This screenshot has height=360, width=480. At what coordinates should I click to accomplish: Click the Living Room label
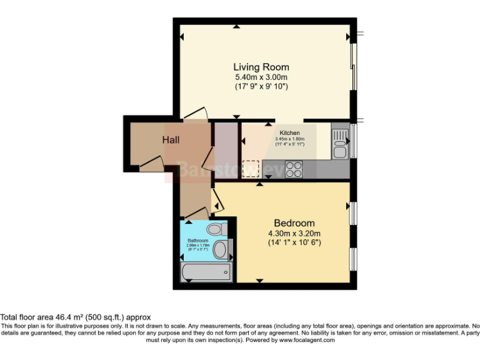coord(261,67)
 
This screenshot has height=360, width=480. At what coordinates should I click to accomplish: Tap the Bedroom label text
coord(294,223)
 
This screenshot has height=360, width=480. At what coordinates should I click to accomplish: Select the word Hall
coord(171,139)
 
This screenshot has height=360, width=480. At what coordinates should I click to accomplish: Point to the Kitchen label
coord(289,133)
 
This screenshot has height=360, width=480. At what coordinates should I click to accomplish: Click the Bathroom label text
coord(198,240)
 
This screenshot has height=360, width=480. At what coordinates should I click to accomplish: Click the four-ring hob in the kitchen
coord(294,168)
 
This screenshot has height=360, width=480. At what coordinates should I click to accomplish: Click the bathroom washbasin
coord(220,251)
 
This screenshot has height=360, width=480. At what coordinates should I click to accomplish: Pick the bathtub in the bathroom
coord(206,272)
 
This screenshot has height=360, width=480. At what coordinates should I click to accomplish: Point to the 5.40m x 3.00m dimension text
coord(261,77)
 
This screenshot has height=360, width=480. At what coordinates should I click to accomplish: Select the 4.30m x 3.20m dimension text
coord(294,233)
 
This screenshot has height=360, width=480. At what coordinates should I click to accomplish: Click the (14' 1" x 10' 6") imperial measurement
coord(294,242)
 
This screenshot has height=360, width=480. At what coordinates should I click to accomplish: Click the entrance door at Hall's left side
coord(150,164)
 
